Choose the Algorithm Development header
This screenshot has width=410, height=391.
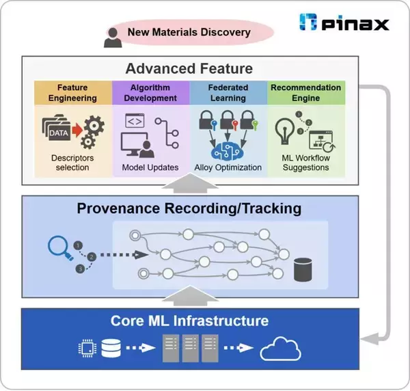[x=150, y=93]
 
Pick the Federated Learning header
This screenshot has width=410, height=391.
[x=228, y=93]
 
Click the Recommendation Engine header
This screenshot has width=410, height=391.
[x=305, y=93]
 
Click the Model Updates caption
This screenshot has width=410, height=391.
[x=150, y=167]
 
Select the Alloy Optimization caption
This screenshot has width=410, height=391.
[x=228, y=167]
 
